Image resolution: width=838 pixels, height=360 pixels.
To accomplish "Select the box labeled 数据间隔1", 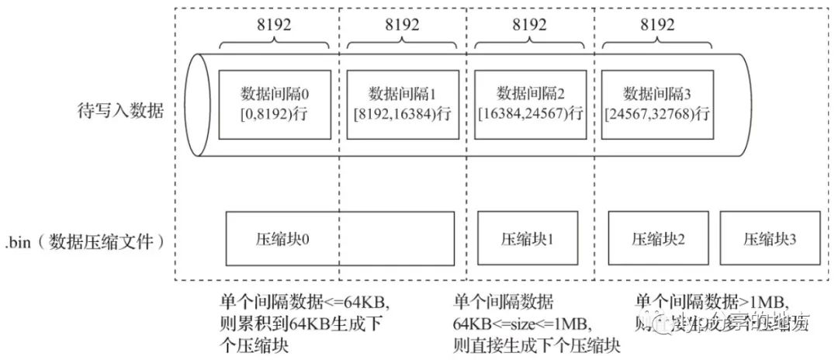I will click(402, 105).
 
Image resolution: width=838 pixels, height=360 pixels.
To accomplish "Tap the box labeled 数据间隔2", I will click(530, 105).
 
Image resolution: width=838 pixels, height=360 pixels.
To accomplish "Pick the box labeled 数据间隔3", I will click(657, 105).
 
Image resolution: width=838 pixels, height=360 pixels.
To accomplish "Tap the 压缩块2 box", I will click(657, 238).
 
